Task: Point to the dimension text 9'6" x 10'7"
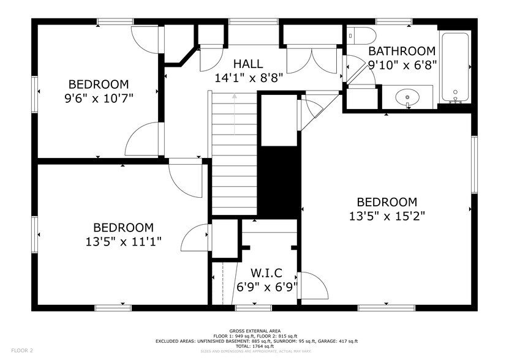point(98,98)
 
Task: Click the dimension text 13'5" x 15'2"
point(386,216)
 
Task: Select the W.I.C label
point(266,273)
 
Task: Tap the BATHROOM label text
point(402,51)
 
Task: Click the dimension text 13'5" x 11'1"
point(123,241)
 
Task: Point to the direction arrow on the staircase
point(233,113)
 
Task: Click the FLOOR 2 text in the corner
point(22,351)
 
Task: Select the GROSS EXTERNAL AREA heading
point(254,330)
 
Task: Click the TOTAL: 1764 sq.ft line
point(254,346)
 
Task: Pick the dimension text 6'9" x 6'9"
point(266,287)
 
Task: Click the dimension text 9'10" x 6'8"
point(401,64)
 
